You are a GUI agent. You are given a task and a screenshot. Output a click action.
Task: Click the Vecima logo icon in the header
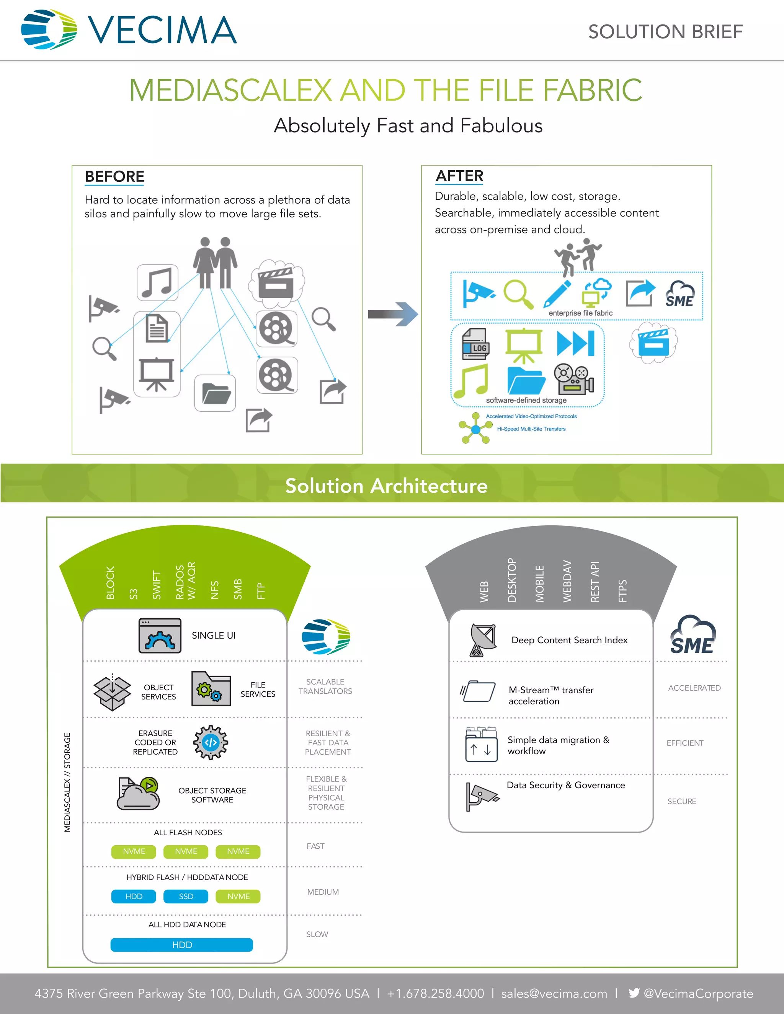pos(49,29)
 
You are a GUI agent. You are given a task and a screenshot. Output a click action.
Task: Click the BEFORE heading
pos(114,176)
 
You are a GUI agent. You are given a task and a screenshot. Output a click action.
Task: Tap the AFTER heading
pos(459,176)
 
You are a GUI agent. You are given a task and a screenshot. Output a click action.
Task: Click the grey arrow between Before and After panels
pos(392,314)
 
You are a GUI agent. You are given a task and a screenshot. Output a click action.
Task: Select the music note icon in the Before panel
pos(157,282)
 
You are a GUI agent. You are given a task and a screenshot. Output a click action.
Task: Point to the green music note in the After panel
pos(471,381)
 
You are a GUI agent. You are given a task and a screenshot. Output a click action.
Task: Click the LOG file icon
pos(475,344)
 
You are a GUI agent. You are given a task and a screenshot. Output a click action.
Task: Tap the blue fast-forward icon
pos(575,343)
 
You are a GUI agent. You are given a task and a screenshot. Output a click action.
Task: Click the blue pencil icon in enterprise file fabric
pos(557,293)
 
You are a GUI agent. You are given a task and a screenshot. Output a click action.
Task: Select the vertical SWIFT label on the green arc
pos(157,585)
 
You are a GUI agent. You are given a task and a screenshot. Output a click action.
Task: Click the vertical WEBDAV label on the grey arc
pos(567,581)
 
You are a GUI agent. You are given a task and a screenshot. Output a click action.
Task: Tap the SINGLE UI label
pos(214,635)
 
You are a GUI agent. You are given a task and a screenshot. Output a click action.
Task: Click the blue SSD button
pos(186,896)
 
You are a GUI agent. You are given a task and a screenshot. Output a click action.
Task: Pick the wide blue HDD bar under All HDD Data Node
pos(181,945)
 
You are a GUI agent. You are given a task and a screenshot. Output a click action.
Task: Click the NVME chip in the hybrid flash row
pos(238,896)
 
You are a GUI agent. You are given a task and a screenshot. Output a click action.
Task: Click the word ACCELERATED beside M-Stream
pos(694,688)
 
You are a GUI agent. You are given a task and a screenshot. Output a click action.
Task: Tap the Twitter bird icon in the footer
pos(634,993)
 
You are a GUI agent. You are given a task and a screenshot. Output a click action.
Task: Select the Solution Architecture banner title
pos(386,486)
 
